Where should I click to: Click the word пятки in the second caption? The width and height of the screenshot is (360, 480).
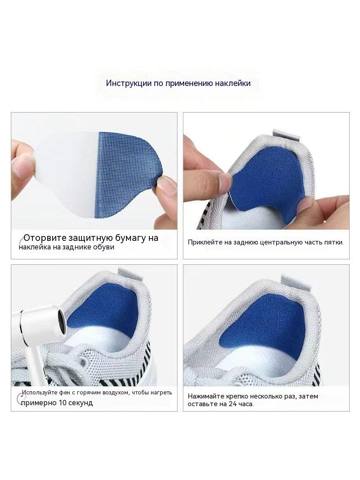click(335, 242)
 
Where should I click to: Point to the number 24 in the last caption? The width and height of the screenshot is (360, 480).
click(233, 404)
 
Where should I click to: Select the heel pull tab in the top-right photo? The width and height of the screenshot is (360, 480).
click(284, 135)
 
